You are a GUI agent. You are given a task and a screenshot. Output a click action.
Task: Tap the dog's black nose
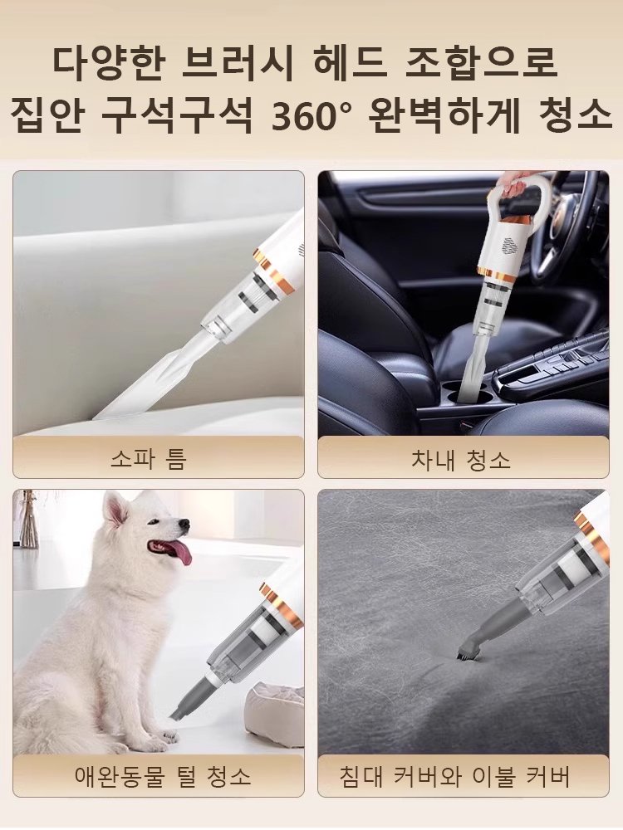coord(184,525)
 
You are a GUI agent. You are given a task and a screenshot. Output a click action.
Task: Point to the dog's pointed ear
coord(115,509)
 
